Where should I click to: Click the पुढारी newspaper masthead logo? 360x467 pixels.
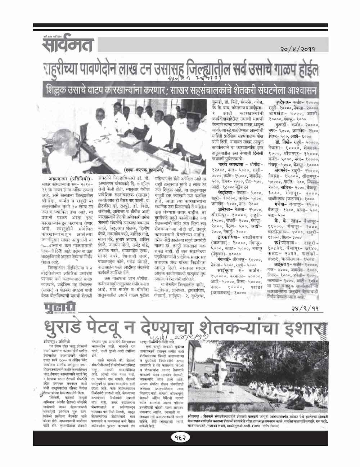55,308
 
